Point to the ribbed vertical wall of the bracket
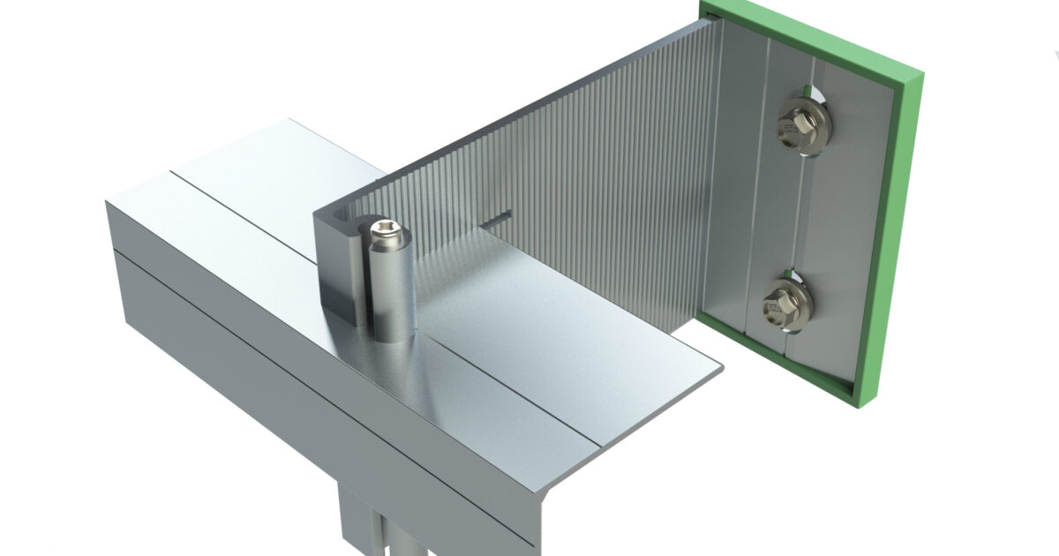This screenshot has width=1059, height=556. point(600,177)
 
